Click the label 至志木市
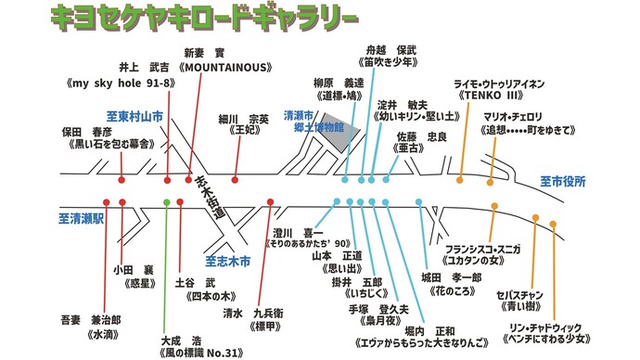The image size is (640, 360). click(227, 263)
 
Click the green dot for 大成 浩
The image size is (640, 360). click(166, 201)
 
